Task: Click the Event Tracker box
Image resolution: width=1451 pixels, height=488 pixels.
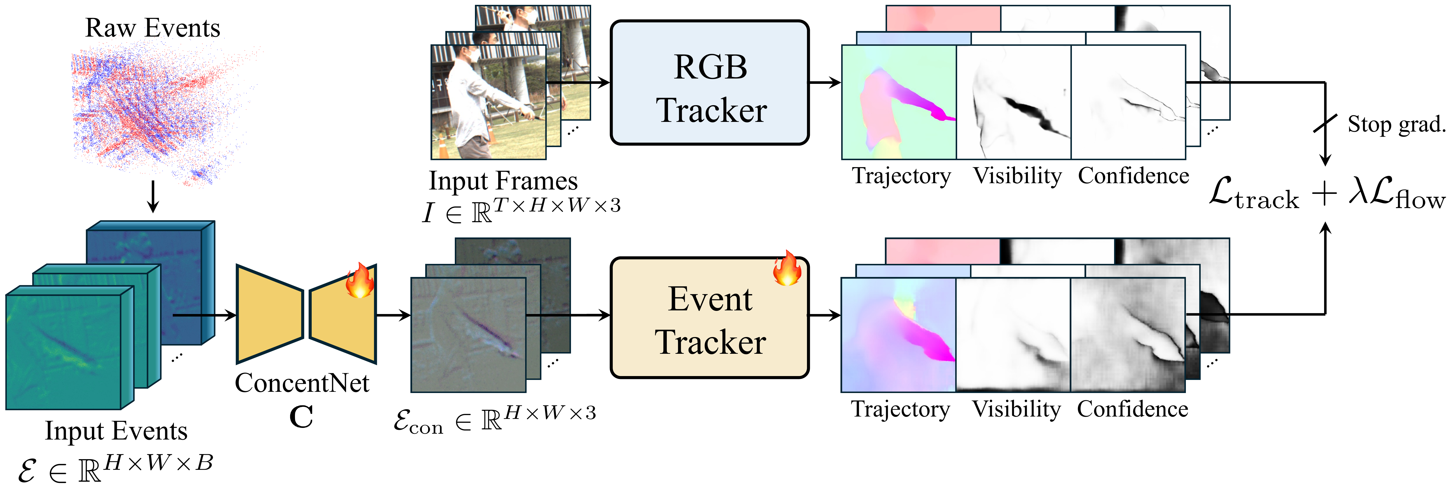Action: [x=710, y=318]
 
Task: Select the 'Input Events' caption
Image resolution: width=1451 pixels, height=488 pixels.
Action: [x=116, y=431]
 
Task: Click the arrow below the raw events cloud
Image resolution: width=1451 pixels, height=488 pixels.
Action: [x=153, y=197]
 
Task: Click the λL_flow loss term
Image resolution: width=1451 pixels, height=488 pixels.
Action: [x=1397, y=194]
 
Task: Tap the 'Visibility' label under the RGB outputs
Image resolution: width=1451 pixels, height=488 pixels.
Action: [x=1017, y=176]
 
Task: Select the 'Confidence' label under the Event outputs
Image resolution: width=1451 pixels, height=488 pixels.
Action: [x=1132, y=409]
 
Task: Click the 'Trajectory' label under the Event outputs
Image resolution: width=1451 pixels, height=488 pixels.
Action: [x=900, y=409]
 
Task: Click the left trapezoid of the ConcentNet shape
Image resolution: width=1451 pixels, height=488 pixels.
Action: [x=269, y=314]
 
